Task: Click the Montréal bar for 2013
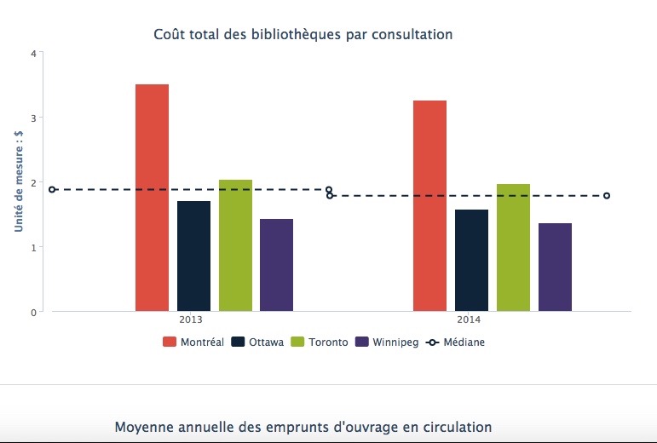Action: [x=152, y=198]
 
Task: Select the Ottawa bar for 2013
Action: [x=193, y=256]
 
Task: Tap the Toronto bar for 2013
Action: [x=235, y=245]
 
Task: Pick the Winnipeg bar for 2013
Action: [x=276, y=265]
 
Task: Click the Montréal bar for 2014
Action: [x=429, y=205]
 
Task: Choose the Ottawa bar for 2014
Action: [x=471, y=260]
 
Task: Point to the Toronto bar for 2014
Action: [x=513, y=247]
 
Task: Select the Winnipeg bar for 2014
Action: [x=555, y=267]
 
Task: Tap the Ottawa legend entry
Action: [x=257, y=342]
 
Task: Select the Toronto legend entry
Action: [x=320, y=342]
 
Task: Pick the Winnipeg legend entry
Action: [x=387, y=342]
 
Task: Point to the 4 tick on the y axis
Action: [x=33, y=53]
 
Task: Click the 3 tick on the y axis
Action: [x=33, y=118]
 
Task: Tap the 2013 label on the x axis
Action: [x=191, y=320]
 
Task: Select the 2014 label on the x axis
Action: [x=469, y=320]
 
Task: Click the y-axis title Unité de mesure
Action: [x=17, y=181]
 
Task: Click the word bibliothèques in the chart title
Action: [x=293, y=35]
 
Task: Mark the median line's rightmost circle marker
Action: [x=607, y=196]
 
